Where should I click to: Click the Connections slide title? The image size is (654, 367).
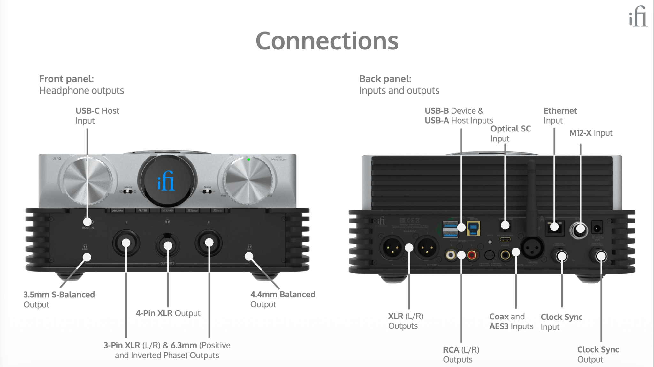[x=327, y=41]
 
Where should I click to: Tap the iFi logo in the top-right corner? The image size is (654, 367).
[x=638, y=17]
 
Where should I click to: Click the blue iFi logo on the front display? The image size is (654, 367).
[x=166, y=181]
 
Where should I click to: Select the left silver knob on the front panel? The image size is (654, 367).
[x=86, y=180]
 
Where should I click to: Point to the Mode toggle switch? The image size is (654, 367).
[x=128, y=191]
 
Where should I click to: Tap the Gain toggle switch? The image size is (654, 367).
[x=207, y=191]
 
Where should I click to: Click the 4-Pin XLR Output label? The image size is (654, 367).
[x=168, y=313]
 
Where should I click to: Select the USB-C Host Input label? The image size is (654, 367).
[x=97, y=116]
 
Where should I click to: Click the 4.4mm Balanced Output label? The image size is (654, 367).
[x=282, y=299]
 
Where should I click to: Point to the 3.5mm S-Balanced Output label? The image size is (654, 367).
[x=59, y=299]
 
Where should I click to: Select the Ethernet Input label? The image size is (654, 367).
[x=560, y=116]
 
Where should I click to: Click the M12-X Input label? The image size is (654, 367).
[x=590, y=133]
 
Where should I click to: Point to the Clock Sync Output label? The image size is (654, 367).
[x=598, y=354]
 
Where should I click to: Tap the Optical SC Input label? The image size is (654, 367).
[x=510, y=133]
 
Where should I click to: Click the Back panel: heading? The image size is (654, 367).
[x=385, y=79]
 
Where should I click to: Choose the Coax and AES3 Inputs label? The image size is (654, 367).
[x=511, y=321]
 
